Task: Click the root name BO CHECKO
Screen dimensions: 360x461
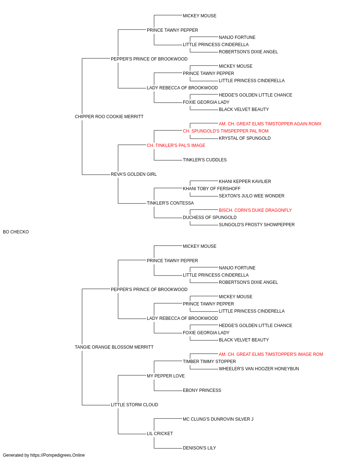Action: coord(16,232)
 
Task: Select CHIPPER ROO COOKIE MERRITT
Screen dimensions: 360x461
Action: coord(109,117)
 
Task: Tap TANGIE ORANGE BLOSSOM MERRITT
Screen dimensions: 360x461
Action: coord(114,347)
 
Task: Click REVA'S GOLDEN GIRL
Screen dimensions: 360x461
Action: coord(134,174)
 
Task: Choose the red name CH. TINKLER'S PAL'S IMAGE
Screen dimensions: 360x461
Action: coord(176,146)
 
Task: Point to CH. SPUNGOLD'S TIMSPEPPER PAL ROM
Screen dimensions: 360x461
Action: coord(226,131)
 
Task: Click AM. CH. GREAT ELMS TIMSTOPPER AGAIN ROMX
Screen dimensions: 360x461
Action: coord(270,124)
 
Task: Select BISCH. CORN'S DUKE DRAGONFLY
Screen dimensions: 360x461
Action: coord(255,210)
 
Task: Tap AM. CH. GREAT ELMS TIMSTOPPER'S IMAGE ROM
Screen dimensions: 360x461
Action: coord(271,354)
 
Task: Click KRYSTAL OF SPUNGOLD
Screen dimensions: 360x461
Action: coord(245,138)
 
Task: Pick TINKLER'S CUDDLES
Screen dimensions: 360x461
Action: coord(205,160)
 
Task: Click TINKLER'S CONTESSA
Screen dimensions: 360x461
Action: coord(170,203)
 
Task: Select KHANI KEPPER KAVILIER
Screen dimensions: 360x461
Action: coord(245,182)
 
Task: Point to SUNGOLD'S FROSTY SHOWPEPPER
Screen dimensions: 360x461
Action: coord(257,225)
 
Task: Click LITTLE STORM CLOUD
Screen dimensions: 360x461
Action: coord(134,405)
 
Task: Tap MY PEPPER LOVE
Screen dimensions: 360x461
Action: coord(166,376)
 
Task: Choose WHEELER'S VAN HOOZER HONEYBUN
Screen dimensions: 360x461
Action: coord(259,369)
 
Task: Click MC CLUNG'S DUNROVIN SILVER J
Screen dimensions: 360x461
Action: coord(218,419)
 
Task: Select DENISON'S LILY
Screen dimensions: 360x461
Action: coord(199,448)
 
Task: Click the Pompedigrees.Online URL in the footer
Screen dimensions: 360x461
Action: coord(58,455)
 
